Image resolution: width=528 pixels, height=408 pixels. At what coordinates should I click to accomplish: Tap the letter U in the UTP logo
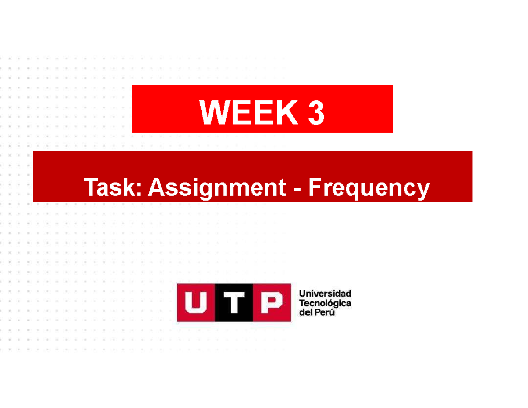196,303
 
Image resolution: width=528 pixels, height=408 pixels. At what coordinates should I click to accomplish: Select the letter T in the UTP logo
234,303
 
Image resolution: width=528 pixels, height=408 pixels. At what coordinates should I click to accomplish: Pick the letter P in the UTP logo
271,303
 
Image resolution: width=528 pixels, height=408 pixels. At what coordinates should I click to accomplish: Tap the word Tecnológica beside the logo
325,303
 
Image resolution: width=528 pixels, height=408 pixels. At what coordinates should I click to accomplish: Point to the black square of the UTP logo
234,303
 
